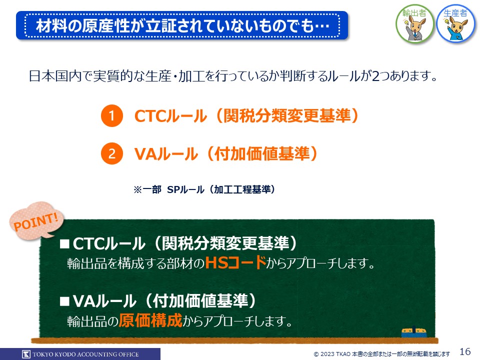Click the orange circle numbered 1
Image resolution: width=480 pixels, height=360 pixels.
pyautogui.click(x=111, y=115)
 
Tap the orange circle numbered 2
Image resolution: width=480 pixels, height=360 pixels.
pyautogui.click(x=111, y=153)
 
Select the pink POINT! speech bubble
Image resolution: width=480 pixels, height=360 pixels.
pyautogui.click(x=36, y=220)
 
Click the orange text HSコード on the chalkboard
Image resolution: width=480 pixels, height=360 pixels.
pyautogui.click(x=235, y=262)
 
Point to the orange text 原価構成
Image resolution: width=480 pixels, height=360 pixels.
pyautogui.click(x=150, y=320)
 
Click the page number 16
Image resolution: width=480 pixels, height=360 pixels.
pyautogui.click(x=465, y=351)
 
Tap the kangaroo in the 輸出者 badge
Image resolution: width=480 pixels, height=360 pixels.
pyautogui.click(x=415, y=28)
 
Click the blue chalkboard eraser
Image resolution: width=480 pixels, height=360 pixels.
pyautogui.click(x=414, y=331)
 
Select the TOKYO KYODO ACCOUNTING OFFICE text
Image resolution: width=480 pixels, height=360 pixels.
pyautogui.click(x=85, y=354)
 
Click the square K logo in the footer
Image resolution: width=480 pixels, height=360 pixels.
pyautogui.click(x=26, y=354)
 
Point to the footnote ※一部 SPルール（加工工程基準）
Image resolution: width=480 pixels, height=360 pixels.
pyautogui.click(x=204, y=189)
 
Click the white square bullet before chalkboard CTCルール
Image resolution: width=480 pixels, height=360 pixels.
pyautogui.click(x=64, y=244)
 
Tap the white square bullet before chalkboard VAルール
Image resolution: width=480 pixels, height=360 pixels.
pyautogui.click(x=64, y=301)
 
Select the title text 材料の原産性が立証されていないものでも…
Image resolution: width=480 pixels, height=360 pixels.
pyautogui.click(x=183, y=25)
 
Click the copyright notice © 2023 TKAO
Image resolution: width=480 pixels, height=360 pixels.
pyautogui.click(x=381, y=354)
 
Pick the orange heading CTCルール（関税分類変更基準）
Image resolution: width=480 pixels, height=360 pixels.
pyautogui.click(x=246, y=115)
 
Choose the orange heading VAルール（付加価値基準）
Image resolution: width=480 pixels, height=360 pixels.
pyautogui.click(x=225, y=153)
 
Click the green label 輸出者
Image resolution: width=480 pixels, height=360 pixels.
pyautogui.click(x=414, y=13)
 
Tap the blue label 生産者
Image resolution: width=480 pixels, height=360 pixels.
pyautogui.click(x=455, y=13)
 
